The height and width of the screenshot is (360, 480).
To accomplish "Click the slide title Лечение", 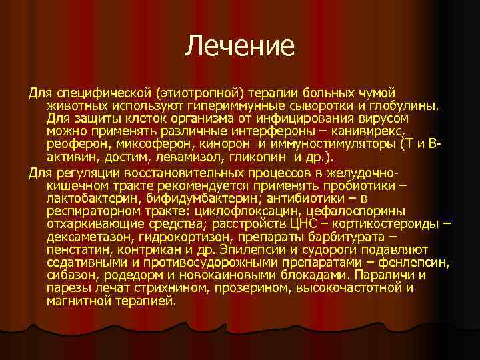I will (240, 46).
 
